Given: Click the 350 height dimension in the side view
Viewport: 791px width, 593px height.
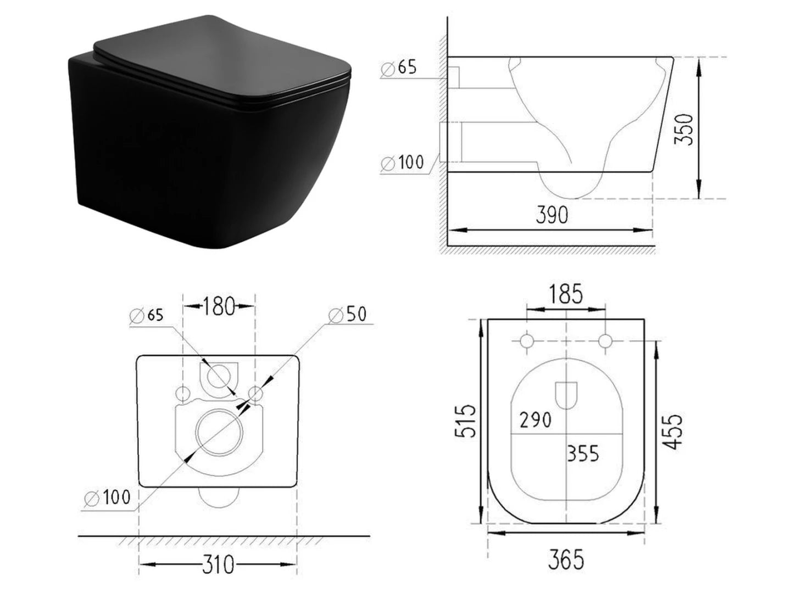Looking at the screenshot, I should tap(684, 129).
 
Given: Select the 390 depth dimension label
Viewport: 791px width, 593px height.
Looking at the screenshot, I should tap(552, 215).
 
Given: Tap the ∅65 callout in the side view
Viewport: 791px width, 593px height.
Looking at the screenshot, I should tap(399, 68).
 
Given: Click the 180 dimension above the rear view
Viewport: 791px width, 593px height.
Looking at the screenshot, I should tap(219, 306).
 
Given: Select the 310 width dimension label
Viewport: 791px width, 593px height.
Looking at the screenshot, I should tap(218, 564).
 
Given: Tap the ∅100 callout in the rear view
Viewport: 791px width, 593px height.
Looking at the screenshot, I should tap(108, 497).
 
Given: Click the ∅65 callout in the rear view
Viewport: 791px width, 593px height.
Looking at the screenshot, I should tap(147, 316).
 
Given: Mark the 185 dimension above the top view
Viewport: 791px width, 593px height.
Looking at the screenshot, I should tap(566, 294).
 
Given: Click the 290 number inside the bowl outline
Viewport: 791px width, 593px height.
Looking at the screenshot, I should tap(535, 420).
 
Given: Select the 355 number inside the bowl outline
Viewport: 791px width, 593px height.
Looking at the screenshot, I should tap(583, 454).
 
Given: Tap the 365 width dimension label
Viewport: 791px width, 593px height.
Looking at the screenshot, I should tap(566, 560).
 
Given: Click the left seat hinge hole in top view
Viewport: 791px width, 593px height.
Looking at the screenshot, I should tap(527, 342).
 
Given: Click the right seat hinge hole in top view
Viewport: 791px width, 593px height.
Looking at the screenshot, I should tap(605, 342).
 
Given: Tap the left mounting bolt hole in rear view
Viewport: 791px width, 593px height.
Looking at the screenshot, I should tap(182, 393).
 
